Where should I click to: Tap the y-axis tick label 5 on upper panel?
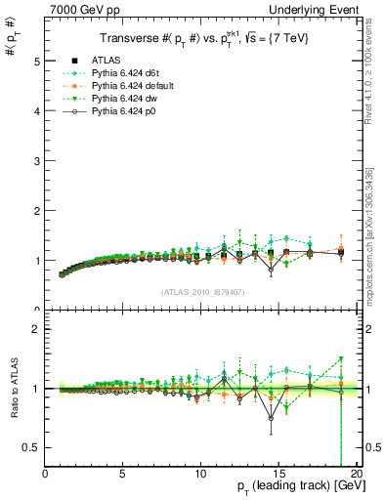36,61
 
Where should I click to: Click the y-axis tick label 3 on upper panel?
36,161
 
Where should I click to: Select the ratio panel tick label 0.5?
31,447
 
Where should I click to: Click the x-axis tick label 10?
200,475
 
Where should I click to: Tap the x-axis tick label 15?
278,475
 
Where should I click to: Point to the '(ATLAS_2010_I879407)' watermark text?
203,291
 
